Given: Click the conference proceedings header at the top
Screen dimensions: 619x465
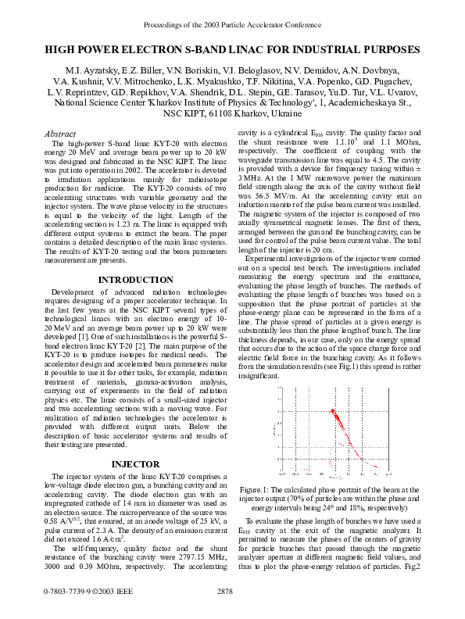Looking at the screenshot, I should [232, 24].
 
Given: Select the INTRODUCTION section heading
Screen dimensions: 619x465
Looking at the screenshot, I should [135, 279].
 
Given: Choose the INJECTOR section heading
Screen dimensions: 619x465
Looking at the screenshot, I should [135, 464].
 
